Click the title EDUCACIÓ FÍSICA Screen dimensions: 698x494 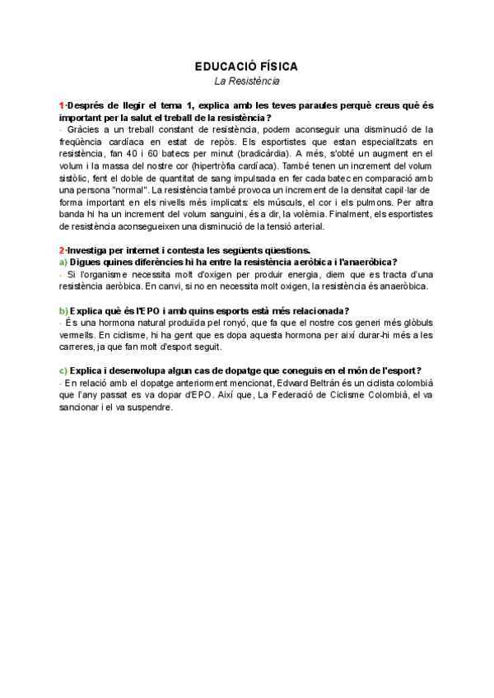pyautogui.click(x=247, y=66)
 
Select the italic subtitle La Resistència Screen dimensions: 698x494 pyautogui.click(x=247, y=81)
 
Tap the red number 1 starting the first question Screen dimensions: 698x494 pyautogui.click(x=62, y=105)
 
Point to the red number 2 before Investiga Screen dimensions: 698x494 pyautogui.click(x=62, y=249)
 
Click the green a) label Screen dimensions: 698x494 pyautogui.click(x=63, y=262)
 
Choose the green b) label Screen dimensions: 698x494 pyautogui.click(x=63, y=309)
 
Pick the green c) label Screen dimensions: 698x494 pyautogui.click(x=63, y=370)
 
